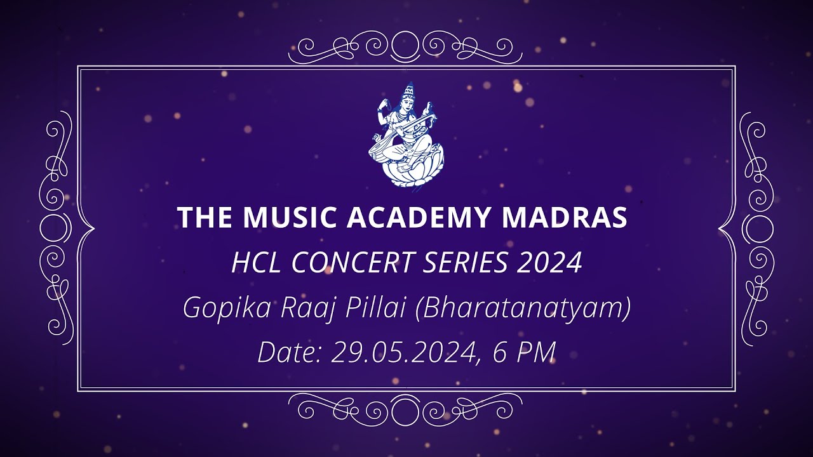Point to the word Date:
pos(289,352)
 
